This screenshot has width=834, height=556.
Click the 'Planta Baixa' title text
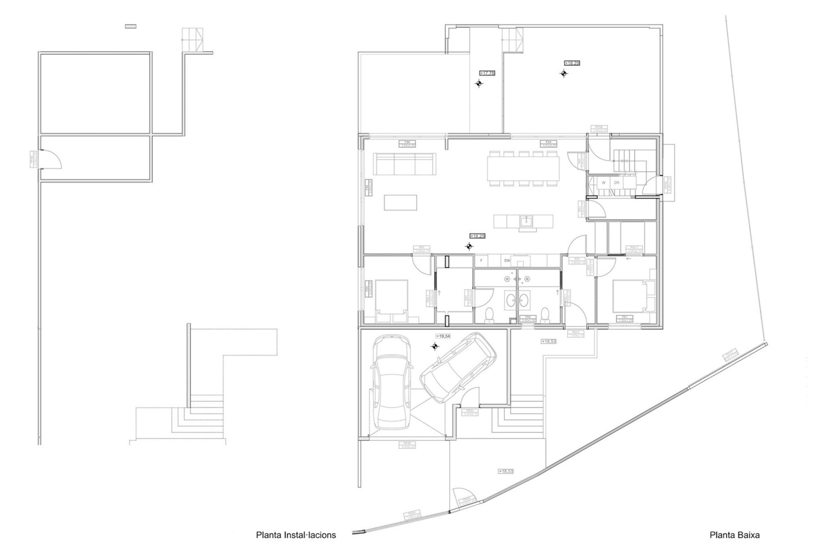click(x=735, y=535)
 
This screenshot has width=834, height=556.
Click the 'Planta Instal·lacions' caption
click(x=296, y=535)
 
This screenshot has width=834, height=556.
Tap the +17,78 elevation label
click(x=487, y=73)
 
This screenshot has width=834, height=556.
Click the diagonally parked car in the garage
click(x=458, y=367)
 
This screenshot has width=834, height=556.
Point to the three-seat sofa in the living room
click(x=404, y=164)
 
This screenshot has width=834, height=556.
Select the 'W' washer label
click(x=604, y=183)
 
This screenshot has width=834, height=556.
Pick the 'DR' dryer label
click(x=616, y=183)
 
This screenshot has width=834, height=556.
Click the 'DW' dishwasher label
click(x=507, y=261)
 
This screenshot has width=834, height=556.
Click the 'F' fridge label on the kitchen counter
click(x=481, y=261)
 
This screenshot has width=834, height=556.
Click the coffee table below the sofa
click(x=400, y=202)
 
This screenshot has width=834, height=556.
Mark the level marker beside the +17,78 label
click(x=478, y=83)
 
